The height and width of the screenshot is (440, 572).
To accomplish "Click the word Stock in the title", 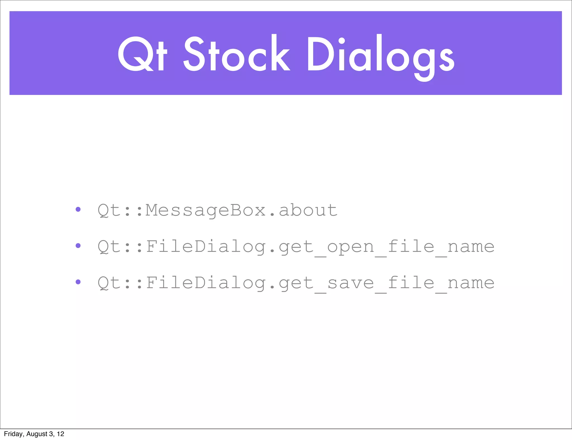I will pyautogui.click(x=237, y=54).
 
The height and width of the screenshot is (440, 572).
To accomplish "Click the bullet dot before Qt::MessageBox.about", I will pyautogui.click(x=78, y=209).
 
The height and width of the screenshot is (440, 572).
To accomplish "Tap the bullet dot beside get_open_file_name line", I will pyautogui.click(x=78, y=246).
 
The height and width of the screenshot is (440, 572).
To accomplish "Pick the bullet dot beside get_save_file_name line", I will pyautogui.click(x=78, y=282).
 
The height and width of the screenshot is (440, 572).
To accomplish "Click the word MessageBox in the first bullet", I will pyautogui.click(x=206, y=210).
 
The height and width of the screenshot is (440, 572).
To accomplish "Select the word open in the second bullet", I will pyautogui.click(x=350, y=247).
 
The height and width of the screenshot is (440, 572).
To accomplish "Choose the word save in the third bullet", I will pyautogui.click(x=350, y=283).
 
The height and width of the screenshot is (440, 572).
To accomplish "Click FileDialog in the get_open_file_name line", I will pyautogui.click(x=206, y=247).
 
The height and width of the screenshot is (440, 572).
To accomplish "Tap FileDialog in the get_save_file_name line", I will pyautogui.click(x=206, y=283).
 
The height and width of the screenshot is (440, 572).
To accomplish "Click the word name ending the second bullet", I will pyautogui.click(x=471, y=247).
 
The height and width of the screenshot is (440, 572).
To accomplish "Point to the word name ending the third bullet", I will pyautogui.click(x=471, y=283).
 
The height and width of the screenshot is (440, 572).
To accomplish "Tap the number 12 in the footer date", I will pyautogui.click(x=61, y=434).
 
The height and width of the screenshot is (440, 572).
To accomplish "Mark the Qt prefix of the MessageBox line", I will pyautogui.click(x=109, y=210).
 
